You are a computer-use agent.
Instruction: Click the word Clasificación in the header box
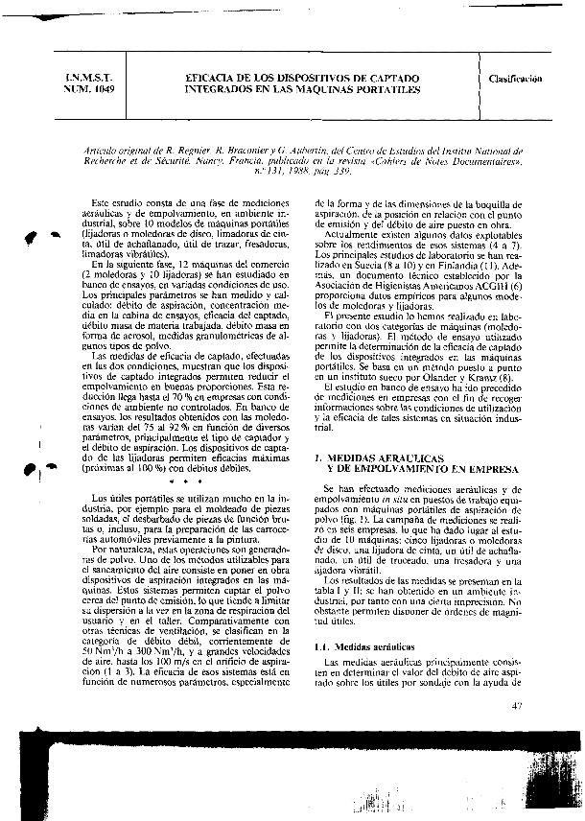pos(516,79)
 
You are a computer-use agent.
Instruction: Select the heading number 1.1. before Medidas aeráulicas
pos(322,647)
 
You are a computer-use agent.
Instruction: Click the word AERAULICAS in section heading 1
pos(384,458)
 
